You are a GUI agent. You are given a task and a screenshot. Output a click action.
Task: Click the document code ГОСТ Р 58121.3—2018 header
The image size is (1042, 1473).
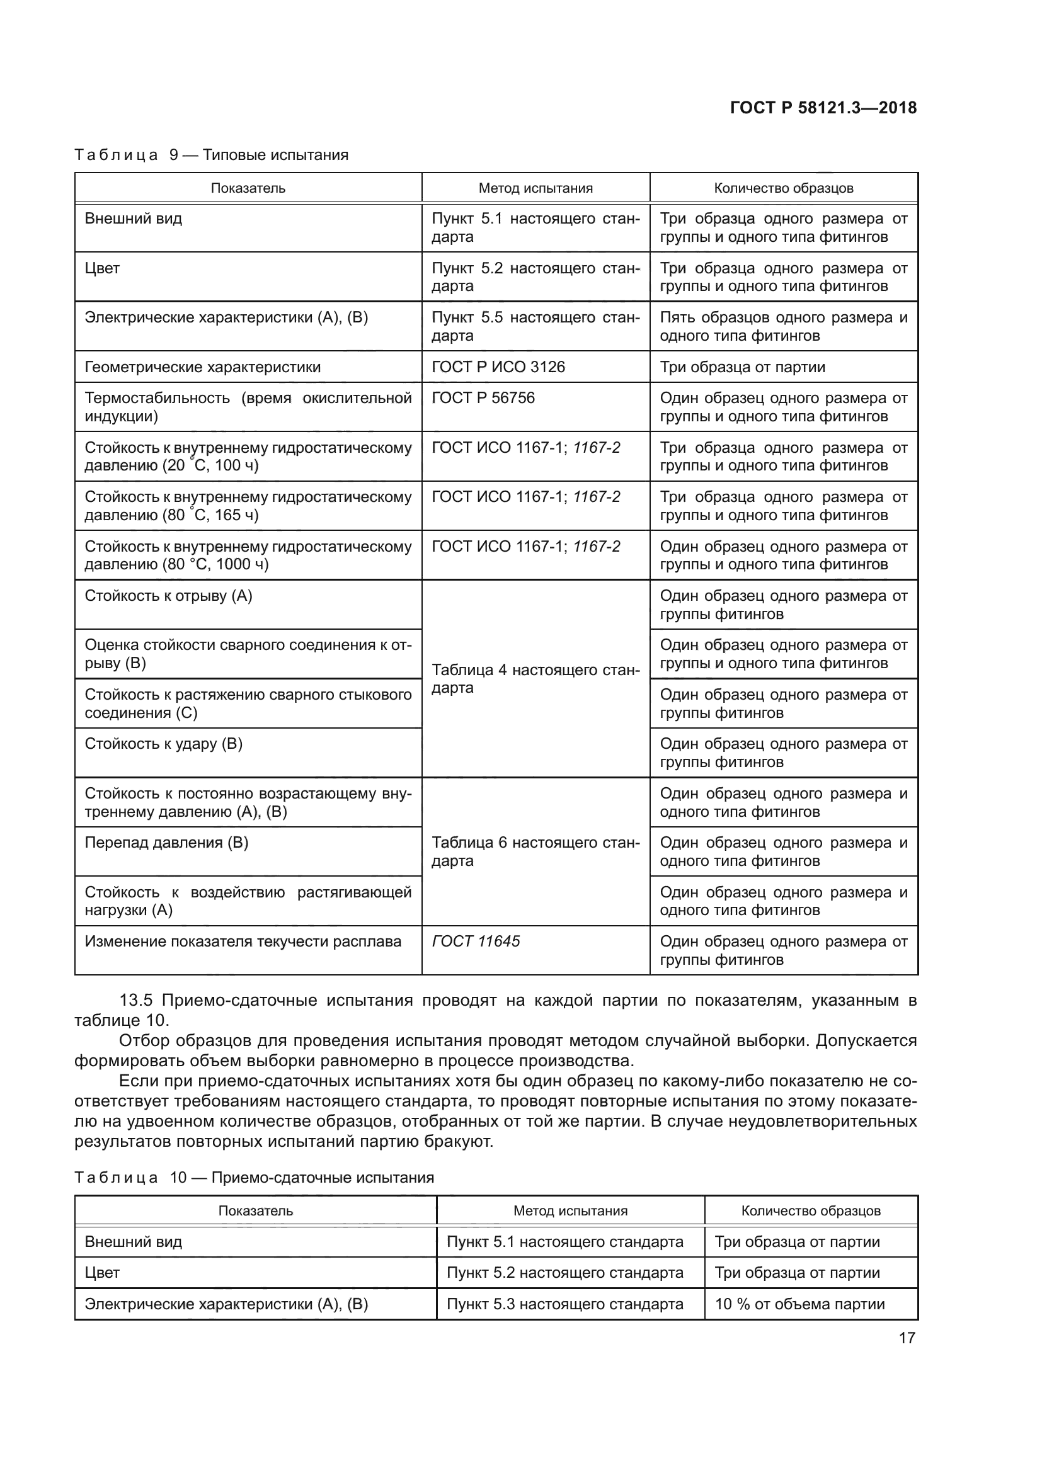[x=823, y=108]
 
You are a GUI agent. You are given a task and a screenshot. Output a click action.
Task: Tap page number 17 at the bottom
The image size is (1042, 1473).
[x=907, y=1338]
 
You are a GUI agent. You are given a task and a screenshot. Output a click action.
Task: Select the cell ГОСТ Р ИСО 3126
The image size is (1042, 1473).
[x=498, y=367]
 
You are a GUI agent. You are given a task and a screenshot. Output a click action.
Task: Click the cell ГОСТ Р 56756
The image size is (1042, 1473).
[x=483, y=398]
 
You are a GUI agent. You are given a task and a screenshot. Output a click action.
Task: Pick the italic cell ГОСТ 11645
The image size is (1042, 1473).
[x=476, y=941]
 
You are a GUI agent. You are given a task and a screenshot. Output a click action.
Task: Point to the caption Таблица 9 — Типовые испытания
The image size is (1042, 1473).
[x=211, y=155]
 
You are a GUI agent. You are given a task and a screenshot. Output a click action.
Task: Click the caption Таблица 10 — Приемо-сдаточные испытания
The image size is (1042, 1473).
[x=254, y=1177]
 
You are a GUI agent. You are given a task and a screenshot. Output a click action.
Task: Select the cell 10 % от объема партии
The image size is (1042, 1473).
[x=799, y=1304]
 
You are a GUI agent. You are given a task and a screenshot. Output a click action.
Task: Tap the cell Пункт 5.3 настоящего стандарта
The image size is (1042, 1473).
[x=564, y=1304]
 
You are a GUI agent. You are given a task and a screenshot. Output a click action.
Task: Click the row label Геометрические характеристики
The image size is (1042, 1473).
[x=202, y=367]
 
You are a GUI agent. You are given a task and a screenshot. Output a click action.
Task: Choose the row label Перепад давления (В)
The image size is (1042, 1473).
[x=166, y=843]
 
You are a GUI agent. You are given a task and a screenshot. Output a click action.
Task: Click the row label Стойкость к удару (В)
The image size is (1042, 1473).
[x=164, y=744]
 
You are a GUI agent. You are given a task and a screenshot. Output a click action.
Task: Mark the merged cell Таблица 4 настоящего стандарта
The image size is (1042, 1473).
[x=535, y=679]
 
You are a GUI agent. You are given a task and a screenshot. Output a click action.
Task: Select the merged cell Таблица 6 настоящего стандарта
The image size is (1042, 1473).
[x=535, y=851]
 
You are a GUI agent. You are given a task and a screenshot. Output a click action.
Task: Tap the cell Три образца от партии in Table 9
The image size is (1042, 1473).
[x=742, y=367]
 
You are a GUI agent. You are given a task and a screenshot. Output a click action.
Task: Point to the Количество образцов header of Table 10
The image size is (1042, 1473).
[x=810, y=1210]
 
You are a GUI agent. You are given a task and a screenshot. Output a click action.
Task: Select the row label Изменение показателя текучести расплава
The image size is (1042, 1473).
[x=243, y=941]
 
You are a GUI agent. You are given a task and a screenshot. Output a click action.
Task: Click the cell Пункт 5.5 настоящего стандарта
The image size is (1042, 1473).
[x=535, y=327]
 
